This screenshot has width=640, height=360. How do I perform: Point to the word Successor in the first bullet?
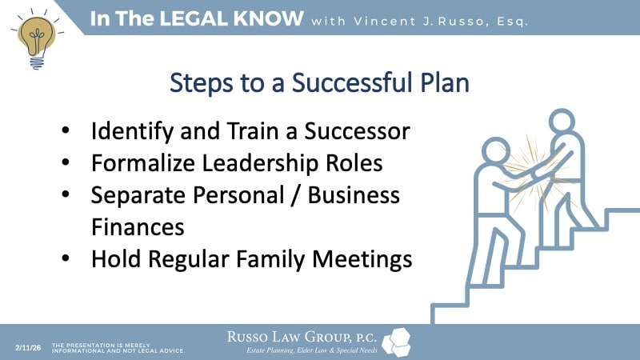click(x=354, y=130)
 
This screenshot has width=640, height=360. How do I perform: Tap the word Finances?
click(x=138, y=227)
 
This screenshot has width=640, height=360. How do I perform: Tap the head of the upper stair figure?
click(x=562, y=122)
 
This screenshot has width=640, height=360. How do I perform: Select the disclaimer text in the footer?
click(x=118, y=346)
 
